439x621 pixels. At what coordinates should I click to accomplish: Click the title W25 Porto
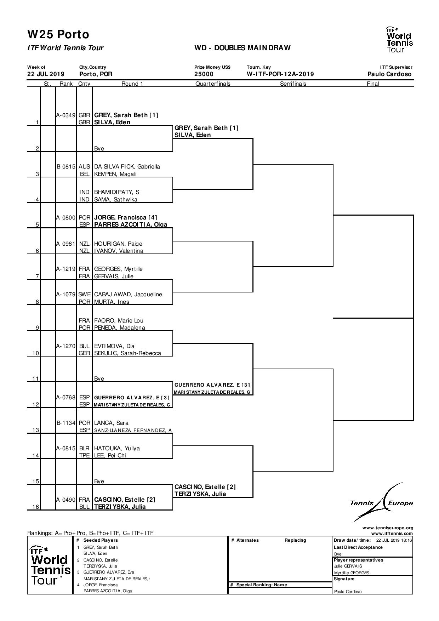(x=58, y=34)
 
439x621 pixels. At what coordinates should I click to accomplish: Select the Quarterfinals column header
(x=213, y=84)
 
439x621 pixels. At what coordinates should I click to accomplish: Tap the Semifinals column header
(x=293, y=84)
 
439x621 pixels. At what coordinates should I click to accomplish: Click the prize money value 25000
(x=204, y=74)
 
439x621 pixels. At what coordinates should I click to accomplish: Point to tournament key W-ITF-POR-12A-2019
(x=280, y=74)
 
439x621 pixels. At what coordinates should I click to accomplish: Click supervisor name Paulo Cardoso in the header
(x=389, y=74)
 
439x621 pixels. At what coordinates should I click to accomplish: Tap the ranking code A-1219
(x=66, y=269)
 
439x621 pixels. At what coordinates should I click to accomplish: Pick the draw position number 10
(x=35, y=353)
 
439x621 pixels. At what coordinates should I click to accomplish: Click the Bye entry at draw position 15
(x=99, y=481)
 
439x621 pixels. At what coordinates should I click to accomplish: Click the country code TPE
(x=84, y=455)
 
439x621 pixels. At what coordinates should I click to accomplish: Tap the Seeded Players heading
(x=101, y=540)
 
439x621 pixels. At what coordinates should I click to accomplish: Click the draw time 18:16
(x=406, y=540)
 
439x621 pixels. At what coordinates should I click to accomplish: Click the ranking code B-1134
(x=66, y=423)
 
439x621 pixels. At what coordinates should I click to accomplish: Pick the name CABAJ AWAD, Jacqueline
(x=128, y=294)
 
